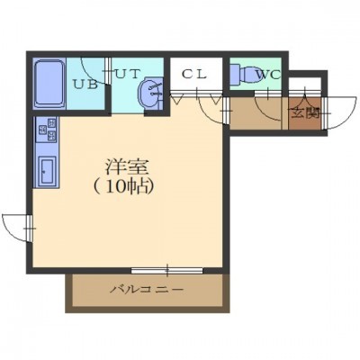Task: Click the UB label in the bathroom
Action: click(x=85, y=85)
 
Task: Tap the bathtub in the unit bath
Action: click(x=49, y=84)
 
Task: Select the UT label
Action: click(x=127, y=74)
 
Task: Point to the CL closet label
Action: click(x=194, y=74)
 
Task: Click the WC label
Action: click(x=268, y=74)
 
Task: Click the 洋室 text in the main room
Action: click(x=127, y=167)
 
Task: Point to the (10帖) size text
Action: click(x=124, y=187)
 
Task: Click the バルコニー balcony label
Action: click(x=147, y=290)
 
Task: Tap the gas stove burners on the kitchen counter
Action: click(x=47, y=130)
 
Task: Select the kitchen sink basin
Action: click(x=48, y=171)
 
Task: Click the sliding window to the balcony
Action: click(x=167, y=270)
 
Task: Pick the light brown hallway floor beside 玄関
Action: click(x=256, y=113)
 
